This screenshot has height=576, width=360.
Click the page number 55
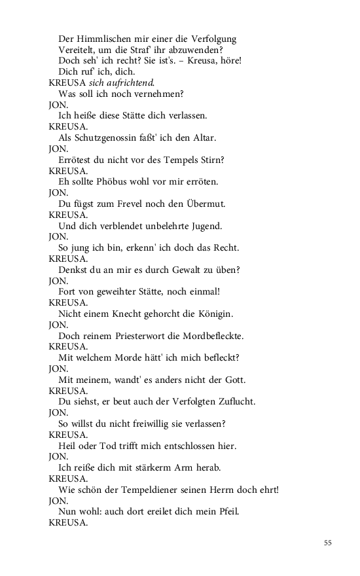328,543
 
